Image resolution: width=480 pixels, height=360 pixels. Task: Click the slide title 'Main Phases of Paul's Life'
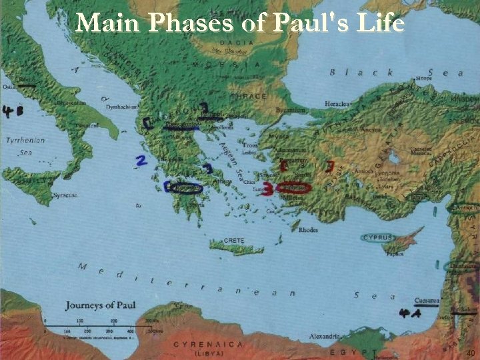click(240, 23)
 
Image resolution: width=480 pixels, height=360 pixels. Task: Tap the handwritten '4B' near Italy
click(13, 111)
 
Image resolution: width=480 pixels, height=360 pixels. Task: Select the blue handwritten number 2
click(141, 161)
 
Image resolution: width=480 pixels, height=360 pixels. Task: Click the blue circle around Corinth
click(185, 189)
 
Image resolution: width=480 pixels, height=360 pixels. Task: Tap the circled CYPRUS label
click(378, 238)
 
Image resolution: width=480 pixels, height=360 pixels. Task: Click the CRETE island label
click(233, 240)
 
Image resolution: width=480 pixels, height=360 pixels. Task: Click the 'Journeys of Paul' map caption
click(101, 306)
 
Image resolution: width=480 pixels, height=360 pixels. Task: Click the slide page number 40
click(470, 353)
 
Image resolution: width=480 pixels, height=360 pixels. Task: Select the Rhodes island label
click(309, 230)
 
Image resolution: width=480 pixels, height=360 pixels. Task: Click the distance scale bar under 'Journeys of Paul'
click(100, 325)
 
